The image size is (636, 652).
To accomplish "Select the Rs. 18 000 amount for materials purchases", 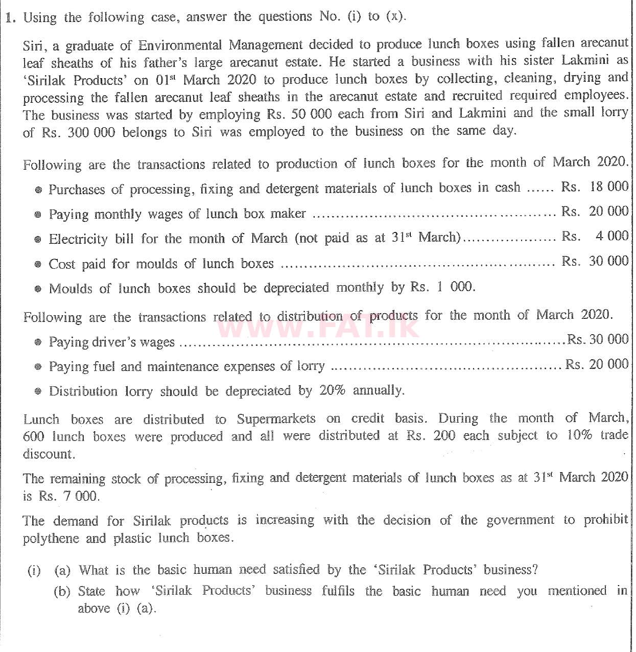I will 595,187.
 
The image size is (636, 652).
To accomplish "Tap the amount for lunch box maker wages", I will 595,211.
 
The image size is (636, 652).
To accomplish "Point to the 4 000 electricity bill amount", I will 611,236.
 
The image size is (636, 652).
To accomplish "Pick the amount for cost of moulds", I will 595,261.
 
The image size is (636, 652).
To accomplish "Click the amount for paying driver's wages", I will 598,339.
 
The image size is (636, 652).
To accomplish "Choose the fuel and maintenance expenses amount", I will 597,364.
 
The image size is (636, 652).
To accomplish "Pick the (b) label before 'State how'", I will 62,592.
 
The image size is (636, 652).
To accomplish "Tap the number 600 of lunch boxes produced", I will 34,437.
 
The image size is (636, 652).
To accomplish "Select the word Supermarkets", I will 276,420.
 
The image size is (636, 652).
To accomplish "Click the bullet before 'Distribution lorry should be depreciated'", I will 38,392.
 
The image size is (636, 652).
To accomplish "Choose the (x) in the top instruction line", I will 394,16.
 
